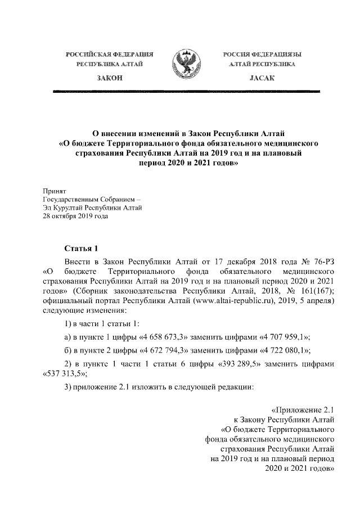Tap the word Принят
[x=55, y=192]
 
